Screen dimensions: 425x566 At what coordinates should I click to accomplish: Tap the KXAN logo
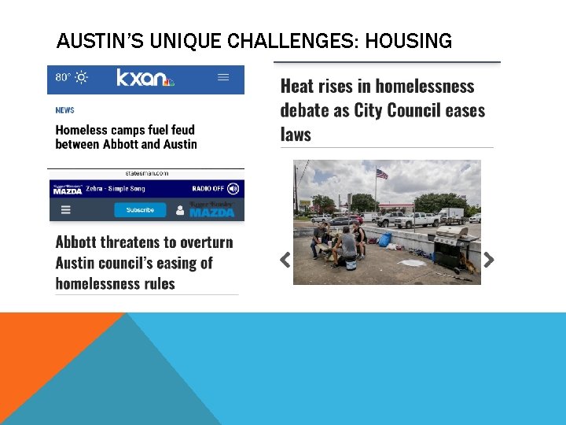145,77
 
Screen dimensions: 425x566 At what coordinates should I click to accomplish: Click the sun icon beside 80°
82,77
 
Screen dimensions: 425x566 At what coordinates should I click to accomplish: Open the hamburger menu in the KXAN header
223,77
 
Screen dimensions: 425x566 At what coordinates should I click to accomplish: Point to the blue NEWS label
64,110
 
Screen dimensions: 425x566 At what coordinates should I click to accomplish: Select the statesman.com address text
146,173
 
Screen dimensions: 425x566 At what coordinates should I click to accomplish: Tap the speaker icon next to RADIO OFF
232,189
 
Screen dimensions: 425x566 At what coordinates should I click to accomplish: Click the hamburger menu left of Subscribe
66,210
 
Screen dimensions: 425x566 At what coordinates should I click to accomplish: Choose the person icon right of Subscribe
180,210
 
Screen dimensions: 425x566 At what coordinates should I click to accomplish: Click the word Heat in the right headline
297,86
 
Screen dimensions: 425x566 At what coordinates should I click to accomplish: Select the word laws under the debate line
296,135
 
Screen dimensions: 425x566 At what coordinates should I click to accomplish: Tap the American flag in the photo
382,174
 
